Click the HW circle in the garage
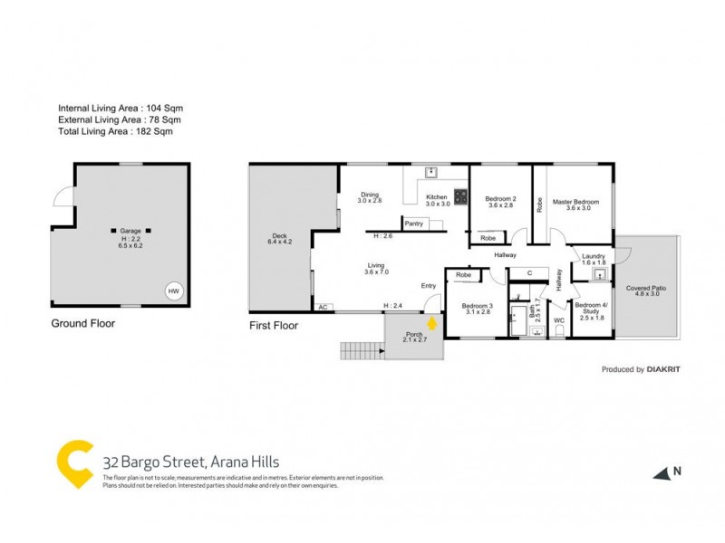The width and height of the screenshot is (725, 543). pyautogui.click(x=173, y=291)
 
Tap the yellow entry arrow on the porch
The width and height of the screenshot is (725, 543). pyautogui.click(x=433, y=322)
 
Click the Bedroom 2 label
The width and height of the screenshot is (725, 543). pyautogui.click(x=500, y=202)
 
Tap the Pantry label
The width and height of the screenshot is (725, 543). pyautogui.click(x=414, y=224)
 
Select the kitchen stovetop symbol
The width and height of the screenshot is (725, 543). pyautogui.click(x=460, y=195)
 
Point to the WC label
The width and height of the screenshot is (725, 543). pyautogui.click(x=559, y=320)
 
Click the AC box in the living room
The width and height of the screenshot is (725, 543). pyautogui.click(x=322, y=308)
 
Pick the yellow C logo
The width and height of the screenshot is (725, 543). pyautogui.click(x=75, y=464)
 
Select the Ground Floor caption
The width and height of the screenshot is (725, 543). pyautogui.click(x=82, y=322)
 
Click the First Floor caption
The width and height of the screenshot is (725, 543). pyautogui.click(x=274, y=323)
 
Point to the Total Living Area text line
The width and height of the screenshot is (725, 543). pyautogui.click(x=115, y=131)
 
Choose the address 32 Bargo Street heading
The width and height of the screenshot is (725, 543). pyautogui.click(x=192, y=462)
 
